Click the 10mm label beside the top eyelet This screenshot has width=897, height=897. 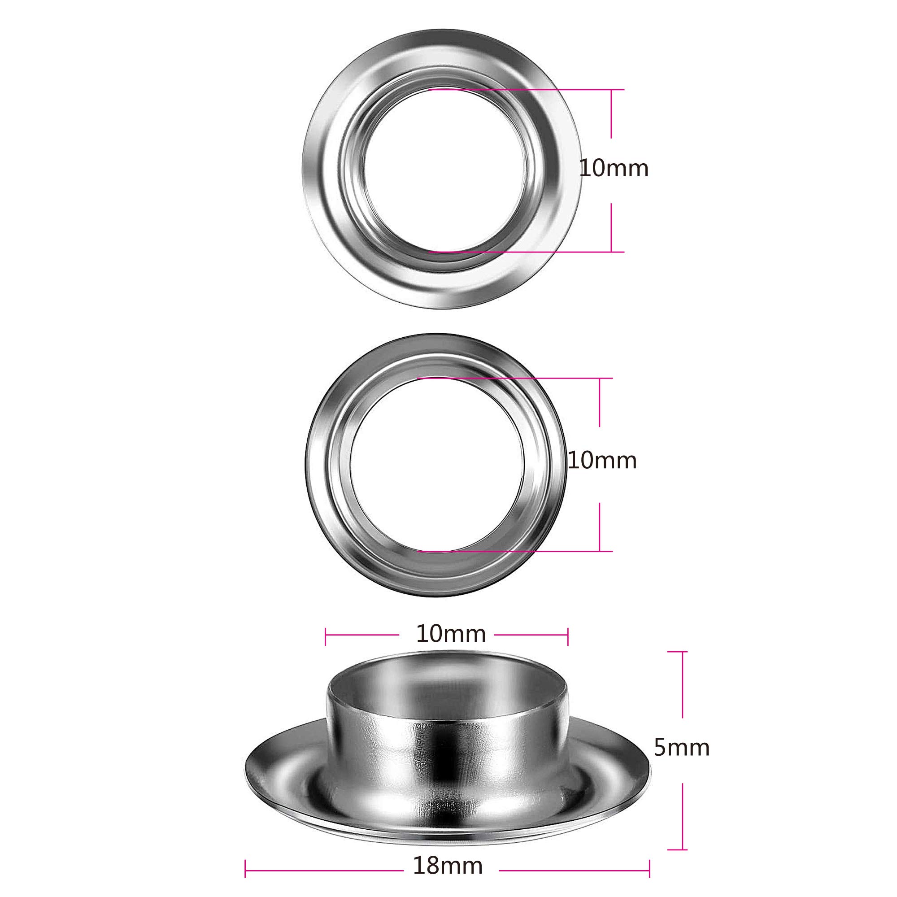pos(614,169)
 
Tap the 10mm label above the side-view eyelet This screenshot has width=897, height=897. pos(451,634)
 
